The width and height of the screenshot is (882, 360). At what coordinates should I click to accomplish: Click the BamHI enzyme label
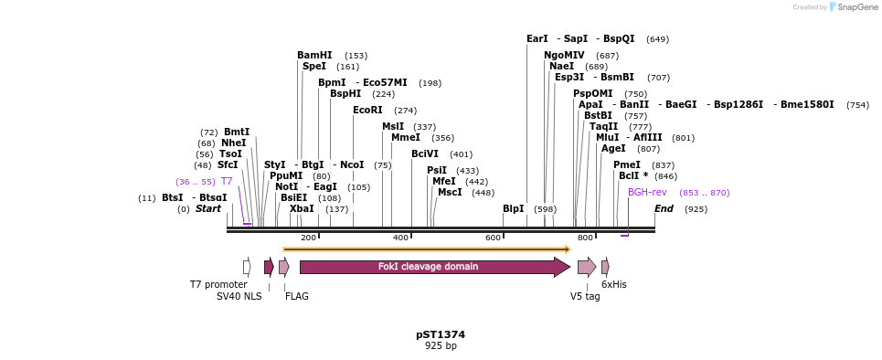pyautogui.click(x=314, y=55)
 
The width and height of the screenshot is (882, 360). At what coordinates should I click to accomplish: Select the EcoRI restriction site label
pyautogui.click(x=368, y=111)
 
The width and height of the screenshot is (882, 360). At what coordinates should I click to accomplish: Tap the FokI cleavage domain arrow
pyautogui.click(x=435, y=267)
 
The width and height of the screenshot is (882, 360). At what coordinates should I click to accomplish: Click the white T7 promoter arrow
pyautogui.click(x=247, y=267)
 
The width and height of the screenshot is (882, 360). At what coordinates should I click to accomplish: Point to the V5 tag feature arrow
pyautogui.click(x=587, y=267)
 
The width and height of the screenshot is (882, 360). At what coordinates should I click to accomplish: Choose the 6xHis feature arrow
pyautogui.click(x=605, y=267)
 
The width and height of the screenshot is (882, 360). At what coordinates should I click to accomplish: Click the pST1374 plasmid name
pyautogui.click(x=441, y=334)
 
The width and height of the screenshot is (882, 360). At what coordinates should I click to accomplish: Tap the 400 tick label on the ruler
pyautogui.click(x=400, y=238)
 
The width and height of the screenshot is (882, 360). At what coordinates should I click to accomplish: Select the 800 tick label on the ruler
pyautogui.click(x=585, y=238)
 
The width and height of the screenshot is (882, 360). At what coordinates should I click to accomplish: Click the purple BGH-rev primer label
pyautogui.click(x=647, y=193)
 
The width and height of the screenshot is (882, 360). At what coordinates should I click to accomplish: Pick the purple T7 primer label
pyautogui.click(x=227, y=181)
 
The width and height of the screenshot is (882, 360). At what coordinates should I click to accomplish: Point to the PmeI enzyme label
pyautogui.click(x=627, y=164)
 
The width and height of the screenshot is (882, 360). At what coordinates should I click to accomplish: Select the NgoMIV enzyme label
pyautogui.click(x=564, y=55)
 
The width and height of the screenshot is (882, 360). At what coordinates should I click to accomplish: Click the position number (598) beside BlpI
pyautogui.click(x=545, y=209)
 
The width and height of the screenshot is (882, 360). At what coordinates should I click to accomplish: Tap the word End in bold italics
pyautogui.click(x=664, y=209)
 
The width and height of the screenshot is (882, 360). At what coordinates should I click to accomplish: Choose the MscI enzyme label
pyautogui.click(x=450, y=193)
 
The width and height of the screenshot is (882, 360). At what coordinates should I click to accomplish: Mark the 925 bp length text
pyautogui.click(x=441, y=346)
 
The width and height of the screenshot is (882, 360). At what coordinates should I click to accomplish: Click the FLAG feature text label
pyautogui.click(x=297, y=296)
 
